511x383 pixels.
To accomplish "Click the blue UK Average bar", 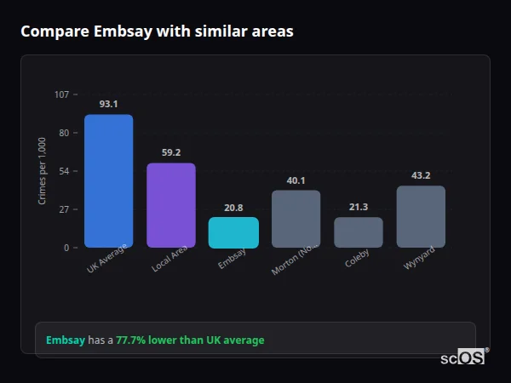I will coord(108,181).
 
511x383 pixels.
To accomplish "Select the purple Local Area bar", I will coord(171,205).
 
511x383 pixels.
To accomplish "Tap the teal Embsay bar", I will coord(233,232).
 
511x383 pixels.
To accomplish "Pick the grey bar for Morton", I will coord(296,219).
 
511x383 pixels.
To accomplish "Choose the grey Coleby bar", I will coord(359,232).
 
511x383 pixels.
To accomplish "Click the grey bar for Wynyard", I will coord(421,217).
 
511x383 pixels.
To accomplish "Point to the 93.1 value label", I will coord(108,104).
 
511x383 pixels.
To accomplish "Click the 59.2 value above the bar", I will coord(171,152).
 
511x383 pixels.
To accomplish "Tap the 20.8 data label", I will coord(233,207).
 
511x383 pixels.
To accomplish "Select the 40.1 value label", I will coord(296,180).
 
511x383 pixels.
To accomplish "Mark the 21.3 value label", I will coord(359,207).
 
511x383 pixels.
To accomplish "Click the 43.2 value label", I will coord(421,175).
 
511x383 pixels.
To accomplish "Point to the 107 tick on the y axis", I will coord(62,94).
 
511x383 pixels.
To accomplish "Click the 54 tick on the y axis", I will coord(65,171).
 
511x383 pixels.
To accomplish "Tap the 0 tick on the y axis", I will coord(67,248).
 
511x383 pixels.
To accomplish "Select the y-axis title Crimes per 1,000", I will coord(43,170).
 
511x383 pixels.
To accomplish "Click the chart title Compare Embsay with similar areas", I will coord(157,31).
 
